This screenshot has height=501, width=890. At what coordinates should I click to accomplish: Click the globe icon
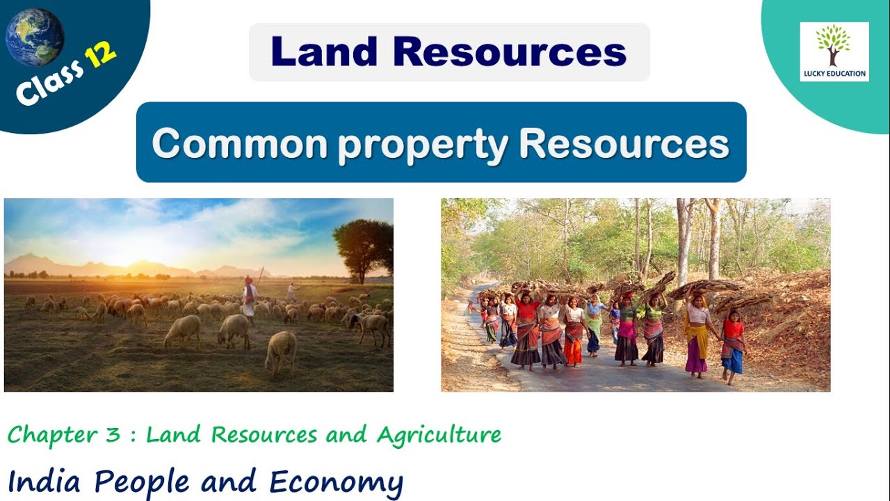35,37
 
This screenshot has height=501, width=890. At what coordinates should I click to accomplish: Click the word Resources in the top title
510,51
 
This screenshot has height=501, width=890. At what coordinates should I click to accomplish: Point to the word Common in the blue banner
239,144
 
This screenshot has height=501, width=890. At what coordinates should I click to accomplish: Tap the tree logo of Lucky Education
833,46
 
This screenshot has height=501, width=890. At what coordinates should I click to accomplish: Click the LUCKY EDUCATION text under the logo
834,73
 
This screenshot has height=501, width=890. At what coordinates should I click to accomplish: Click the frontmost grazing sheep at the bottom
282,351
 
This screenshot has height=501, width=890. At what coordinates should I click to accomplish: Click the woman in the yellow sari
697,334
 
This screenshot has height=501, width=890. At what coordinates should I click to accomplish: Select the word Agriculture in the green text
439,436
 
